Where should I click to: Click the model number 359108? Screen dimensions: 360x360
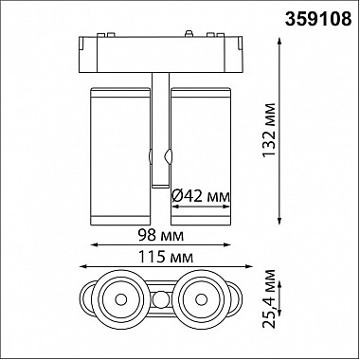click(318, 19)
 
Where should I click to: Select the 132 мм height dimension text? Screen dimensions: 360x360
click(269, 130)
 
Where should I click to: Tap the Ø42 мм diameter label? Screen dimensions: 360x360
click(200, 197)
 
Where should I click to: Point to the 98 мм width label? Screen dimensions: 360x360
click(161, 235)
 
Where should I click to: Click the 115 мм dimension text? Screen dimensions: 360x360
click(165, 258)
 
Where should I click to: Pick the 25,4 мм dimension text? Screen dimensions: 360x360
click(269, 298)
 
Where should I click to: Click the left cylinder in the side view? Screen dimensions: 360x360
click(120, 156)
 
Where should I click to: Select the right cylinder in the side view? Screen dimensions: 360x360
click(201, 156)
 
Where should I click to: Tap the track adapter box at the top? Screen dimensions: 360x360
click(161, 55)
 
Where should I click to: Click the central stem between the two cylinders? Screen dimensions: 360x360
click(160, 130)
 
